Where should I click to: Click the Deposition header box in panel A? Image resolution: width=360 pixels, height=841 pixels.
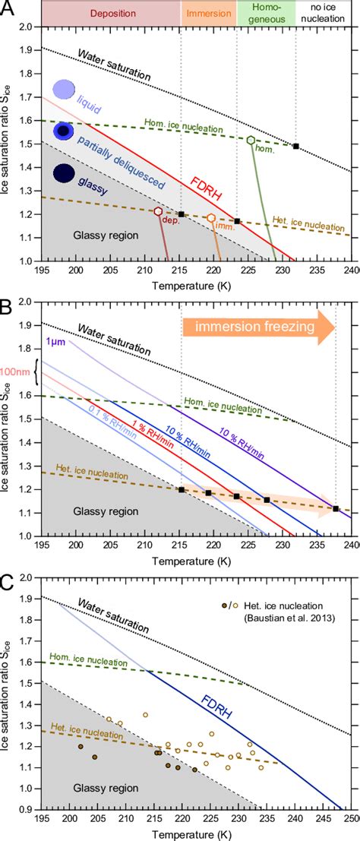pyautogui.click(x=110, y=14)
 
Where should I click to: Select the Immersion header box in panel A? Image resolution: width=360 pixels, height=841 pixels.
pyautogui.click(x=209, y=14)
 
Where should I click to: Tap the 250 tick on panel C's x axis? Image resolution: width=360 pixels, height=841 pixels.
pyautogui.click(x=352, y=823)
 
